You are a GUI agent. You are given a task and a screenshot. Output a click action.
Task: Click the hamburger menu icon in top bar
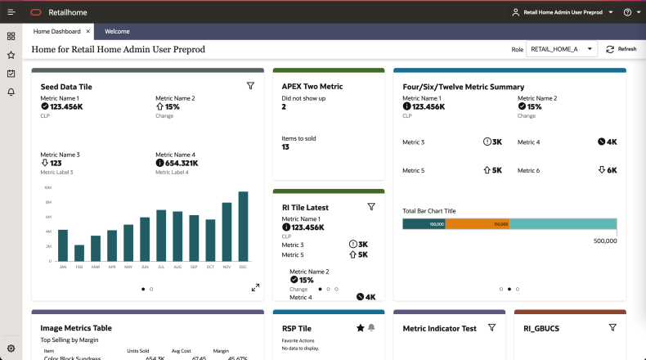click(11, 12)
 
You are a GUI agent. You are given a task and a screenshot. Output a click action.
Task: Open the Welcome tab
click(117, 31)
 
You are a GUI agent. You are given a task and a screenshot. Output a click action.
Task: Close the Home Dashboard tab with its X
click(88, 31)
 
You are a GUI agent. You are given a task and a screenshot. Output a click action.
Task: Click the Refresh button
click(621, 49)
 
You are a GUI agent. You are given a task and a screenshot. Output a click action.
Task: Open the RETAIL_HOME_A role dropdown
click(561, 49)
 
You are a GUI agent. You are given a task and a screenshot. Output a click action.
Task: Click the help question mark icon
click(627, 12)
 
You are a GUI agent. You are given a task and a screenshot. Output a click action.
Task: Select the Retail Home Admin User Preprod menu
click(563, 12)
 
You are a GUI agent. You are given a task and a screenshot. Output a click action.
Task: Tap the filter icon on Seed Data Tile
click(251, 86)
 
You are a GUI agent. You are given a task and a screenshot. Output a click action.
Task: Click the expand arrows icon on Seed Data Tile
click(255, 287)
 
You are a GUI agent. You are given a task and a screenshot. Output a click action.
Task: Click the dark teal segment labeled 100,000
click(424, 223)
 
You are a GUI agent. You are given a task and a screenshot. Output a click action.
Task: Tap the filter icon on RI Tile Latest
click(371, 207)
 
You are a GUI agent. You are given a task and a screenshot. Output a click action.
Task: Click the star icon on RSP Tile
click(360, 327)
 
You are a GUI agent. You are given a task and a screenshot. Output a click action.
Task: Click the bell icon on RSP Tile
click(371, 327)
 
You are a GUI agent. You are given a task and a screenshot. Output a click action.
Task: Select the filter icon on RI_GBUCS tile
click(612, 327)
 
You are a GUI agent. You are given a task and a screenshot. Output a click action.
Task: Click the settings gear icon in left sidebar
click(11, 349)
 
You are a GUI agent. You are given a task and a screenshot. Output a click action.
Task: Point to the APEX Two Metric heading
click(312, 86)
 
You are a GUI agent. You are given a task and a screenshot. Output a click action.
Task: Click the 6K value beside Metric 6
click(608, 170)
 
